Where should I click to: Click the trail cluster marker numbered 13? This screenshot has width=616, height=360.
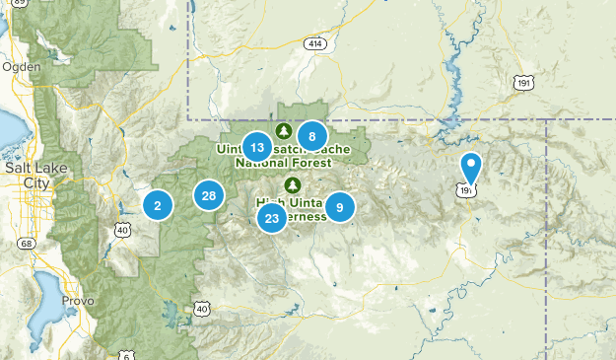(x=256, y=147)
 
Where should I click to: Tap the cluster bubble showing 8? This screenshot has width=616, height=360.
(x=311, y=137)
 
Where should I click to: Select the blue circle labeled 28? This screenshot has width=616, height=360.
(x=209, y=195)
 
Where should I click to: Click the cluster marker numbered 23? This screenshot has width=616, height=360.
(x=272, y=218)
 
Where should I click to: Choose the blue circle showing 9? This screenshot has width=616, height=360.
(x=340, y=206)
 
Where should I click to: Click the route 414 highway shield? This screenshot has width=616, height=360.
(x=314, y=45)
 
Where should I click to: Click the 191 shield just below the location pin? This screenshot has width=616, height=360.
(x=467, y=189)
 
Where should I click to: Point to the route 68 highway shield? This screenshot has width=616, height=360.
(x=26, y=242)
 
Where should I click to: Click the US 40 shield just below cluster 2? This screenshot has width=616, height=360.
(x=122, y=229)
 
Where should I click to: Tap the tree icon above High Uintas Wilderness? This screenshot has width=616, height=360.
(x=292, y=184)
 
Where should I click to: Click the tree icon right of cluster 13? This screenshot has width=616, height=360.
(x=284, y=131)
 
